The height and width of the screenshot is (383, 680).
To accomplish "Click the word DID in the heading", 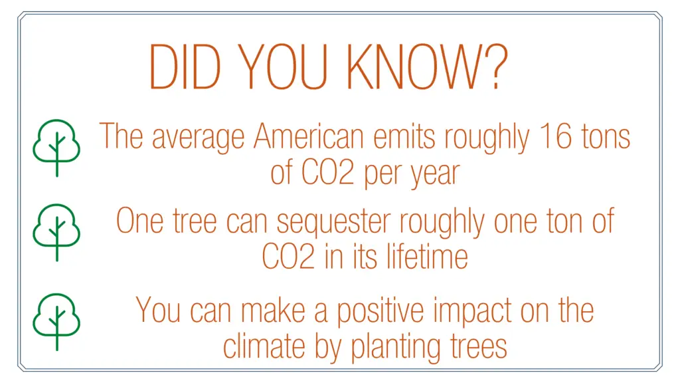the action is click(x=185, y=66).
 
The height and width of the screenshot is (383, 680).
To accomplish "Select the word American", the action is click(x=308, y=136).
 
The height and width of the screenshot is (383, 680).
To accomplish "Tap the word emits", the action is click(x=404, y=136).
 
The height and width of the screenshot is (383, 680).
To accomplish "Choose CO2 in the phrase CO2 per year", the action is click(x=328, y=172).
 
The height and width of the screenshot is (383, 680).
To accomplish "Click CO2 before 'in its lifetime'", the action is click(x=288, y=256).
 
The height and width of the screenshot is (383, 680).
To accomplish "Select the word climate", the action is click(x=264, y=346).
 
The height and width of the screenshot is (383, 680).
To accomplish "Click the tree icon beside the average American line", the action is click(x=57, y=148).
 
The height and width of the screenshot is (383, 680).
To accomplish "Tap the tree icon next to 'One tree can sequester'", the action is click(x=57, y=232).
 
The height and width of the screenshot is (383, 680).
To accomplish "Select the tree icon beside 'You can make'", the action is click(x=57, y=322).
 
